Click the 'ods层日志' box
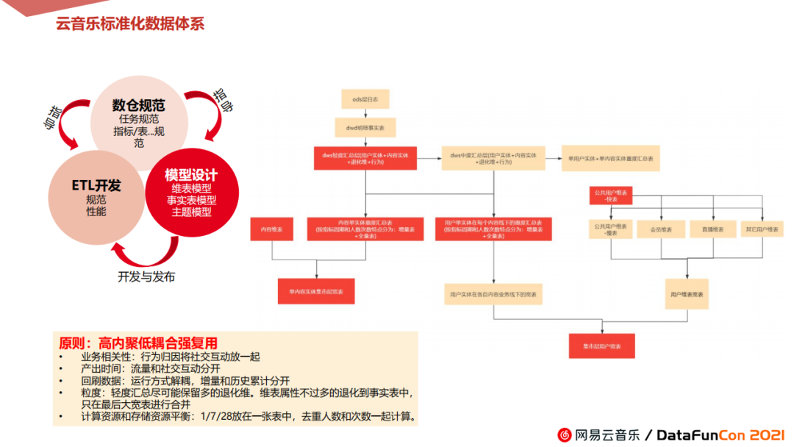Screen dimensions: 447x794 (x=360, y=99)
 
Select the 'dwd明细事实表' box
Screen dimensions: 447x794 (x=365, y=127)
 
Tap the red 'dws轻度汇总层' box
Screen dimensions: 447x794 (x=365, y=158)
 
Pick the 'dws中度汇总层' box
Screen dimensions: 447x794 (x=493, y=158)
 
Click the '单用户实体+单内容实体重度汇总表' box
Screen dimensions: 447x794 (x=610, y=158)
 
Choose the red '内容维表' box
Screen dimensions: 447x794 (x=272, y=229)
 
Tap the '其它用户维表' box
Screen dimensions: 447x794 (x=762, y=229)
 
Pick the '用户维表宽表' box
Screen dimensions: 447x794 (x=687, y=293)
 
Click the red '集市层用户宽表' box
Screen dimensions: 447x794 (x=601, y=346)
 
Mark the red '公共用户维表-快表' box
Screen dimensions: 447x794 (x=610, y=196)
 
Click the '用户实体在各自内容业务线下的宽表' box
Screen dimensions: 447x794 (x=493, y=294)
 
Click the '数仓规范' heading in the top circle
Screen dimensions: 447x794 (x=138, y=106)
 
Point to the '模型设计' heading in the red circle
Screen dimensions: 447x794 (x=191, y=175)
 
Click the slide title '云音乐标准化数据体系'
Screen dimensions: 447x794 (x=130, y=24)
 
